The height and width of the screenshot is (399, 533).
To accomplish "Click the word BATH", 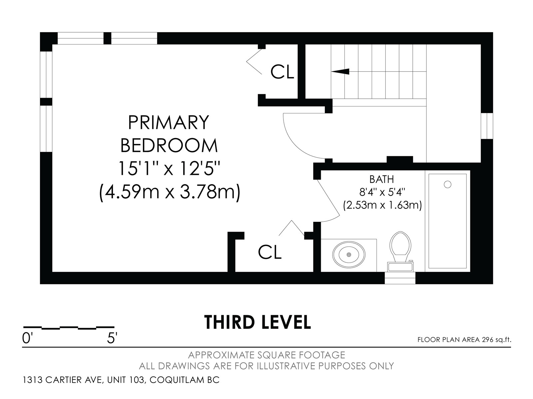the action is (381, 180).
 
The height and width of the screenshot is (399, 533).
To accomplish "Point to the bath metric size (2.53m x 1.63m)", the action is (382, 205).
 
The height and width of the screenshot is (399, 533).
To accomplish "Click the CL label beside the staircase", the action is (282, 72).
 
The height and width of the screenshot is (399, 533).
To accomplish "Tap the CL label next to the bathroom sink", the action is (269, 252).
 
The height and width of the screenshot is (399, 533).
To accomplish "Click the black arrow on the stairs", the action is (340, 71).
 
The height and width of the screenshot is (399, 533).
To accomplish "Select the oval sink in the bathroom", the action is (349, 254).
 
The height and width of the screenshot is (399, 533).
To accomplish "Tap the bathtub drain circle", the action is (447, 184).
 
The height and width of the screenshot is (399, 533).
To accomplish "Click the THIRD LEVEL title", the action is (258, 322).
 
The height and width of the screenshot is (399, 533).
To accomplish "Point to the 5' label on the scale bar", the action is (112, 338).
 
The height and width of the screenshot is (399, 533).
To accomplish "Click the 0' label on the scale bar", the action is (27, 338).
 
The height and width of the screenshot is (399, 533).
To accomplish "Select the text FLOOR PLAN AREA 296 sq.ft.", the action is (464, 339).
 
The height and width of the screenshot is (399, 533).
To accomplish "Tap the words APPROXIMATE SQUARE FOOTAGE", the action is (266, 355).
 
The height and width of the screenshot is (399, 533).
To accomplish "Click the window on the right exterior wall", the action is (487, 126).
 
